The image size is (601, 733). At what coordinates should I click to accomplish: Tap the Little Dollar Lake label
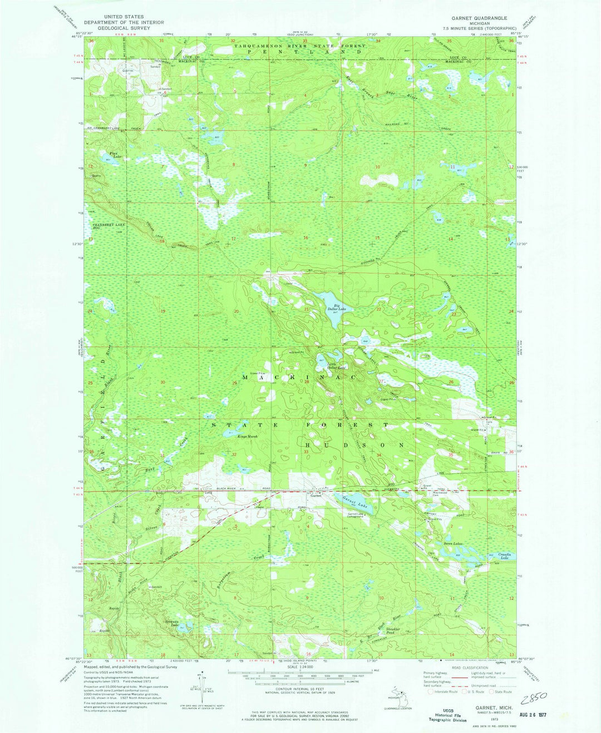336,367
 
